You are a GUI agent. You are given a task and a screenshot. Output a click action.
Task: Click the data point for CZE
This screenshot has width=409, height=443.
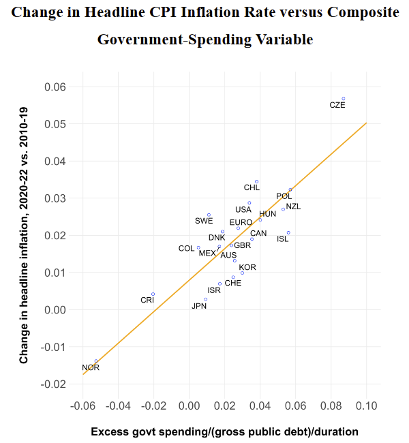click(x=344, y=99)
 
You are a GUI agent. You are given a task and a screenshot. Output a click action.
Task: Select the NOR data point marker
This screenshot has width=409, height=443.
click(x=96, y=361)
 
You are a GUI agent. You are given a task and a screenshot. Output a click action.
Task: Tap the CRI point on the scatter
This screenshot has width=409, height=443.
click(x=153, y=294)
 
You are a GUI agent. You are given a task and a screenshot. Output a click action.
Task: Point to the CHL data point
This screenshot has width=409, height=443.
click(x=257, y=181)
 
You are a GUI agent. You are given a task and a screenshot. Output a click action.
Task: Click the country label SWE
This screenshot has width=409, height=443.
click(x=204, y=220)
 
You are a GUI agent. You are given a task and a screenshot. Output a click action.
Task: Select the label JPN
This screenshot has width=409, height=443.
click(x=199, y=306)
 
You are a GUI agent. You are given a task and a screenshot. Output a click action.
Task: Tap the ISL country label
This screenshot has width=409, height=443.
click(x=283, y=239)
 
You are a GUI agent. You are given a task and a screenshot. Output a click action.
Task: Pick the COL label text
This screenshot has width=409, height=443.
click(x=186, y=249)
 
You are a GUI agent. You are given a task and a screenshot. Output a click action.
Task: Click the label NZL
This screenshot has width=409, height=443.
click(x=293, y=207)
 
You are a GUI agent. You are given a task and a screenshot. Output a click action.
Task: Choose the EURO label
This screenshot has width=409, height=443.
click(x=241, y=223)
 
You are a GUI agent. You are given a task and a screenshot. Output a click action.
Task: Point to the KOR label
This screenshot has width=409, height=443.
click(x=247, y=267)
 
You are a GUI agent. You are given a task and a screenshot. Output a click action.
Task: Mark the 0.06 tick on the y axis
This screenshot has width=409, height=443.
click(x=55, y=87)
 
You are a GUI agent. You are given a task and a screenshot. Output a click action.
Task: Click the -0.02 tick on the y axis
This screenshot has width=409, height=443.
click(x=54, y=384)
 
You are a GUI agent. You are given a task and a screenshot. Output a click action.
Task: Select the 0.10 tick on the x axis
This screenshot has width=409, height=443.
click(x=366, y=407)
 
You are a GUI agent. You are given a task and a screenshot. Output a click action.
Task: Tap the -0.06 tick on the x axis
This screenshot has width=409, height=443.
click(x=82, y=407)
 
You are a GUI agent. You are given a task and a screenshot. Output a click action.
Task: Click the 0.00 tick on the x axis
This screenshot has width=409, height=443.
click(x=189, y=407)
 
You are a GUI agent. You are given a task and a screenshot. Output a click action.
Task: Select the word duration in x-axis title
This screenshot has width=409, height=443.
click(x=334, y=432)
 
